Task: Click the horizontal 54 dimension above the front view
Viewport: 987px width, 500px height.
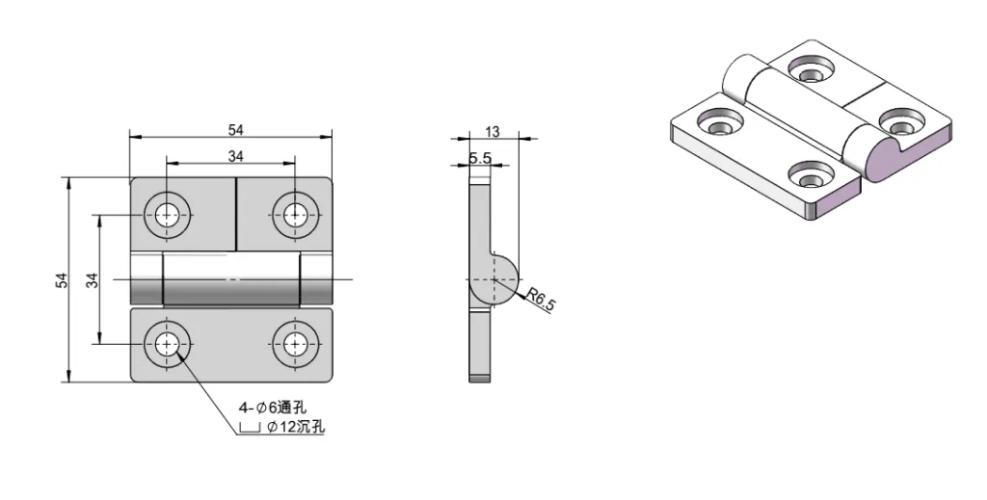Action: (x=234, y=129)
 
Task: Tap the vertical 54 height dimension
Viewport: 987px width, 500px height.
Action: (x=62, y=279)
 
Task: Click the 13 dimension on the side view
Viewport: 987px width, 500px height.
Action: (x=493, y=132)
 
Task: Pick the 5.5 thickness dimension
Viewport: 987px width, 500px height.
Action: (x=480, y=158)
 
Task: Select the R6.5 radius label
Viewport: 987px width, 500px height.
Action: (x=544, y=301)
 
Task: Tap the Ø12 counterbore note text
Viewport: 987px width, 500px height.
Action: (x=294, y=426)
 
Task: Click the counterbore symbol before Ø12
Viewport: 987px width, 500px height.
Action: (x=250, y=428)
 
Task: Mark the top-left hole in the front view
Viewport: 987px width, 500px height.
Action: (x=169, y=213)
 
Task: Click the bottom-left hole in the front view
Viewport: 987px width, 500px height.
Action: (x=169, y=344)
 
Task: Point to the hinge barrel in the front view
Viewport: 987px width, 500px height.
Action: (x=231, y=279)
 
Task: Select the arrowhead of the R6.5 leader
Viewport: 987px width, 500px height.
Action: (x=522, y=295)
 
